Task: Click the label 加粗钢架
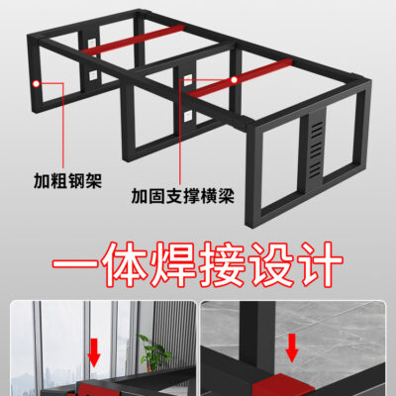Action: pos(67,181)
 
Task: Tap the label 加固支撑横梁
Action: pos(183,196)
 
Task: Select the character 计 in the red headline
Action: pos(320,264)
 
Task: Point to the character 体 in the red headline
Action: pos(125,264)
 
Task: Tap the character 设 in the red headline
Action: pos(271,264)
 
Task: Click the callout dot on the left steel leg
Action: pos(36,84)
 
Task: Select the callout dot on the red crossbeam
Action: pos(234,80)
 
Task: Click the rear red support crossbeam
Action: pos(132,40)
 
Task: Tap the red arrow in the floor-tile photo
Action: pos(292,347)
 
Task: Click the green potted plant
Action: pos(153,353)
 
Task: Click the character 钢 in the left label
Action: pos(76,181)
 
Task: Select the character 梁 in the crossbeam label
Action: pos(226,196)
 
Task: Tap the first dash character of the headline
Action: pos(75,264)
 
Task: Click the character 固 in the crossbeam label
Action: pos(156,196)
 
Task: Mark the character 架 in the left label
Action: pos(94,181)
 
